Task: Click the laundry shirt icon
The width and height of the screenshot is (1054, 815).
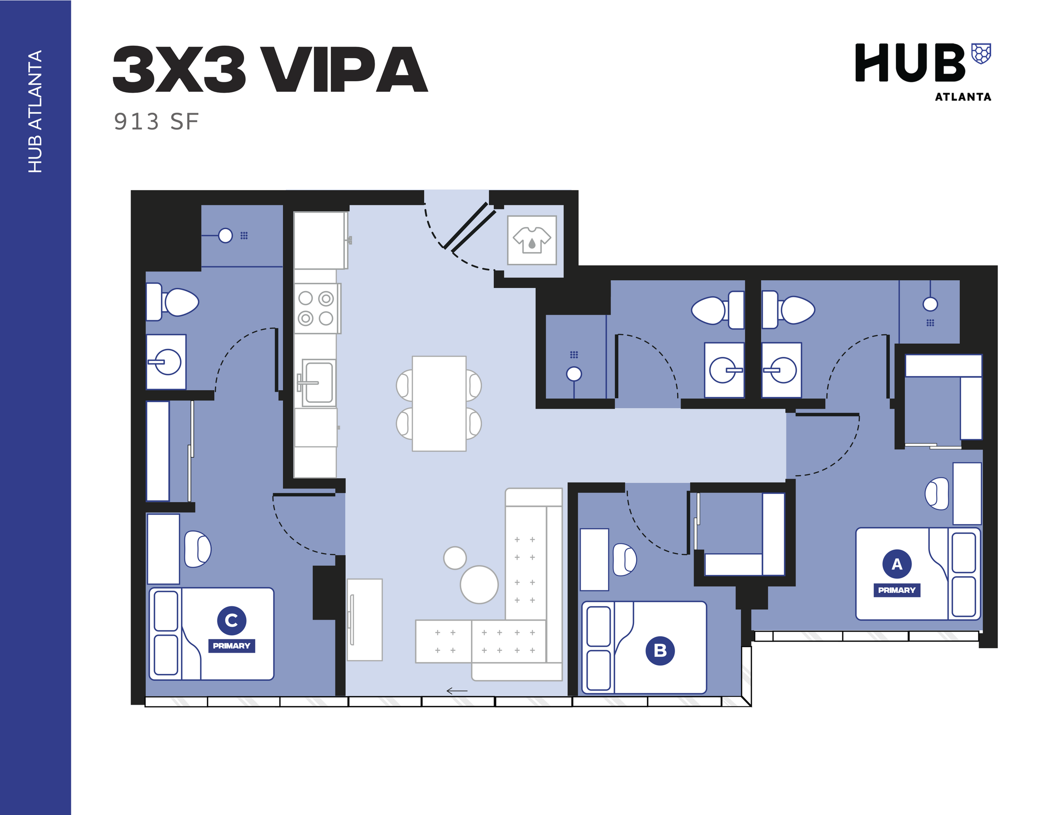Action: (x=531, y=240)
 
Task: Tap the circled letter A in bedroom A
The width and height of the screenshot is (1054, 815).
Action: (x=897, y=563)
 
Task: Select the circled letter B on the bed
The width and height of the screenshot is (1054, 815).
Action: (x=660, y=650)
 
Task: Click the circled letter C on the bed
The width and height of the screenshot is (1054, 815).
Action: (x=232, y=620)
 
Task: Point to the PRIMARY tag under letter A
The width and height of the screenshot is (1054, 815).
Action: (x=897, y=590)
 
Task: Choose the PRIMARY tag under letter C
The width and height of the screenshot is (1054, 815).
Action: (x=232, y=646)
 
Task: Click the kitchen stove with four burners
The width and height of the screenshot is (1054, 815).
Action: (x=316, y=308)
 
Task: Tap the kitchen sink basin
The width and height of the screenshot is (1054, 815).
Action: (x=318, y=382)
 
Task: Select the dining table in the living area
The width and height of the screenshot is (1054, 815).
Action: (x=439, y=404)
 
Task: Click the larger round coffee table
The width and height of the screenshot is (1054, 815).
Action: (x=479, y=585)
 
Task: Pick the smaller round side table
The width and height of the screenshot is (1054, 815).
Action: (x=454, y=558)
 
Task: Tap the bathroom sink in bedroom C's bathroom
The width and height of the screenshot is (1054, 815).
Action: (x=166, y=361)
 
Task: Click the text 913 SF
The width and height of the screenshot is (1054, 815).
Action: (x=156, y=122)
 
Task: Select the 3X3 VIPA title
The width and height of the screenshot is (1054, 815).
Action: (x=270, y=70)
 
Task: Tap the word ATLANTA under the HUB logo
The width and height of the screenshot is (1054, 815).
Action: (x=963, y=97)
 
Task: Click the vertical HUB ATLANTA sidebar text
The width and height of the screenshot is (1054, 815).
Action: (x=35, y=111)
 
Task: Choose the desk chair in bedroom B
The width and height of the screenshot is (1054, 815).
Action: (x=624, y=560)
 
